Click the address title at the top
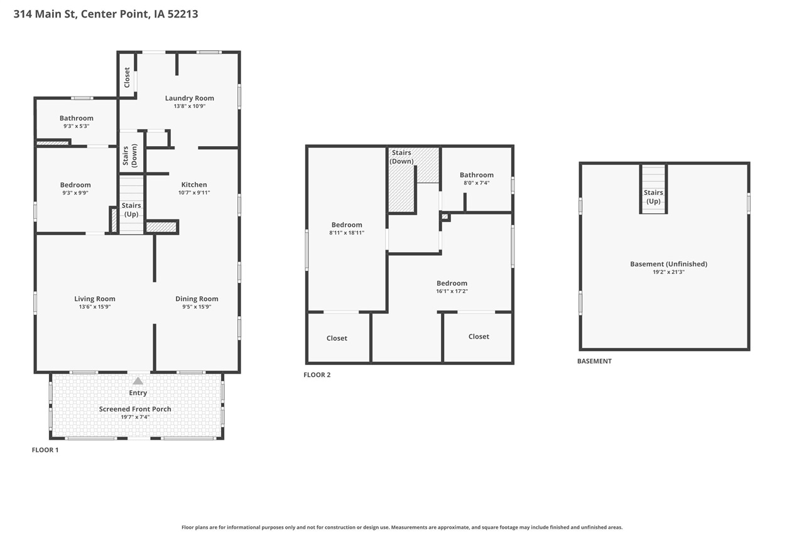[106, 13]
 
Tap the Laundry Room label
[189, 98]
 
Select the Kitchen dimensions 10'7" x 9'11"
[193, 193]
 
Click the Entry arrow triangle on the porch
[138, 381]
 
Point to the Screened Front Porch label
[135, 409]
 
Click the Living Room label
[95, 299]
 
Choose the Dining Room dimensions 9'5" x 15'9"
[197, 307]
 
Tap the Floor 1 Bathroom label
[77, 118]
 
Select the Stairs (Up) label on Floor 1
[131, 210]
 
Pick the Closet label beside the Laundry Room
[127, 77]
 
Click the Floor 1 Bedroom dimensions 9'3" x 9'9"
[75, 193]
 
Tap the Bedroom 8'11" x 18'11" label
[347, 225]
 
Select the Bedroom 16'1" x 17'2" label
[452, 283]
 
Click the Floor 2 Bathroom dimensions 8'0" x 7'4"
[476, 183]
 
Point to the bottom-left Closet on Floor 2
[337, 338]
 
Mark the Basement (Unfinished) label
[668, 264]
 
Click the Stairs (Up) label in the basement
[653, 197]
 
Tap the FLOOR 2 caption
[317, 375]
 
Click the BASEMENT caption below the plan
[594, 361]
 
